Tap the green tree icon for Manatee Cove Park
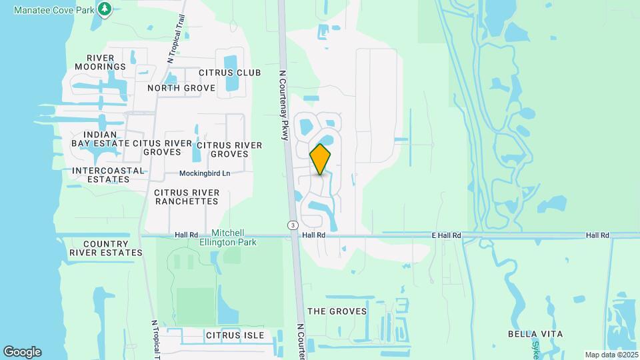[104, 9]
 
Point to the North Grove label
[181, 88]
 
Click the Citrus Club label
[229, 72]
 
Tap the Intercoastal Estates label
[108, 175]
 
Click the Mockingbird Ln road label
[205, 173]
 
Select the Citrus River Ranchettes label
[186, 197]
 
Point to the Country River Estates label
[105, 248]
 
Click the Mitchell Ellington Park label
[237, 237]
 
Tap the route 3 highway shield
[293, 225]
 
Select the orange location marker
[321, 159]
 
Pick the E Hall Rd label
[447, 235]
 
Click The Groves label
[337, 311]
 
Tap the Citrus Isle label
[235, 335]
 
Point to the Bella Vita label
[535, 334]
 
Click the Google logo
[22, 352]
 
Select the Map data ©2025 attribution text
[611, 355]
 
